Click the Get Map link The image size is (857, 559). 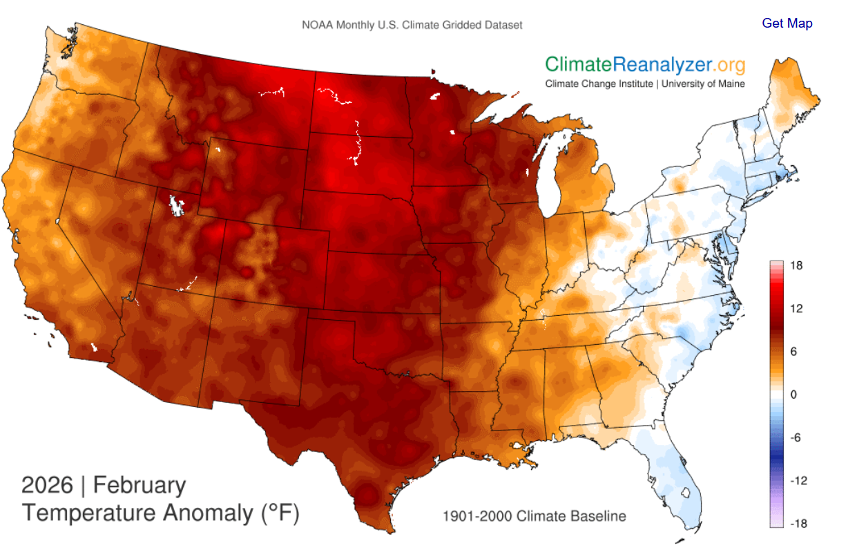point(787,23)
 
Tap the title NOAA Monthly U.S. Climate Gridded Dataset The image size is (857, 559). point(412,25)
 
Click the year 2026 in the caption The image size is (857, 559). point(47,485)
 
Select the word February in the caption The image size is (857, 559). point(139,485)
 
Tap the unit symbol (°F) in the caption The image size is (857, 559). point(279,513)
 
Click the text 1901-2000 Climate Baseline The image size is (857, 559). point(534,516)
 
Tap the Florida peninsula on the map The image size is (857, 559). point(673,477)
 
